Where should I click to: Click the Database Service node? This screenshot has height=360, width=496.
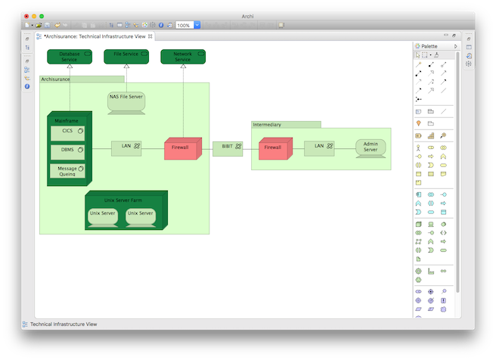69,57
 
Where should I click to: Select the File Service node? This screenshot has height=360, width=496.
126,57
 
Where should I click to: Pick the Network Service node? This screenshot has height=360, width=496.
182,57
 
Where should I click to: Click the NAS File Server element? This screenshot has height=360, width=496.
126,101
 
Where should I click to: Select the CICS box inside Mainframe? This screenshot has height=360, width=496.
68,132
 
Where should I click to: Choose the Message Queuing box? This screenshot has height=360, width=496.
68,171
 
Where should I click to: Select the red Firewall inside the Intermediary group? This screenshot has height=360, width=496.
272,148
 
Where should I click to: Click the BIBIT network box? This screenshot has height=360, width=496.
227,148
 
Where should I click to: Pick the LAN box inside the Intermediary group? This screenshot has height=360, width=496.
319,147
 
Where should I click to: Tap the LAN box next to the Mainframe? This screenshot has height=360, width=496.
126,147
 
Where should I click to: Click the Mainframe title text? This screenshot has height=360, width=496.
67,121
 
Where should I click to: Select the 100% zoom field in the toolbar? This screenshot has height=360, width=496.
184,25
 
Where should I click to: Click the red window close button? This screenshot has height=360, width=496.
27,15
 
